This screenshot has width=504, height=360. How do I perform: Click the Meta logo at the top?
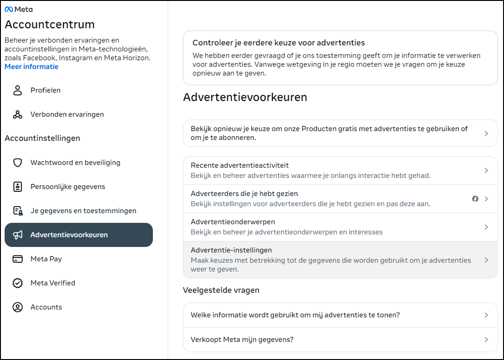click(19, 9)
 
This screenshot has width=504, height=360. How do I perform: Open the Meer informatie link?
click(31, 67)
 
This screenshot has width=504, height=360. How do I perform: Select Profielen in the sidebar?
click(45, 90)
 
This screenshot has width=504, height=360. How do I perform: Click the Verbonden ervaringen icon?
click(18, 114)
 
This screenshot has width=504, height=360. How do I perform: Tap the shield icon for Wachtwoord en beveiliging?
click(18, 163)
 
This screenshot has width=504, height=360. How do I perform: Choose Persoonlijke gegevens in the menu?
click(68, 187)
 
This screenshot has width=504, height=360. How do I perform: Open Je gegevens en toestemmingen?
click(83, 211)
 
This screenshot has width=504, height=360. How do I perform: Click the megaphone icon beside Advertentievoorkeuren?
click(18, 235)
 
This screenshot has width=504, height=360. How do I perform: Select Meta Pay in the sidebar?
click(46, 259)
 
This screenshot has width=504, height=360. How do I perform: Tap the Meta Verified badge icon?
click(18, 283)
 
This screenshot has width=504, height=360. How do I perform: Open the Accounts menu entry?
click(46, 307)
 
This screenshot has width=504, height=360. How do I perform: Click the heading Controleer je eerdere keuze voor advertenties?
click(279, 43)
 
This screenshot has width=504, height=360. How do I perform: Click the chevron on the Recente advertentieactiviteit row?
click(486, 171)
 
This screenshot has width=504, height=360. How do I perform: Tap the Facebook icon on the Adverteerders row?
click(475, 199)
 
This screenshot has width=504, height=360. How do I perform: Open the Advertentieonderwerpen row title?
click(233, 222)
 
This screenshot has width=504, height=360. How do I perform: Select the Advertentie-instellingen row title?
click(231, 250)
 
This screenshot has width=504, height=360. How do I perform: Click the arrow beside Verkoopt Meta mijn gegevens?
click(486, 340)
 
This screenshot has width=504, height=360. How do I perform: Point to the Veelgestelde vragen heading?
click(221, 291)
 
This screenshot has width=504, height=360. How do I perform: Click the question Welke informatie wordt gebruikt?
click(295, 315)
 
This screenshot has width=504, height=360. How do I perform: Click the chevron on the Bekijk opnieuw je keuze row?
click(486, 133)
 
